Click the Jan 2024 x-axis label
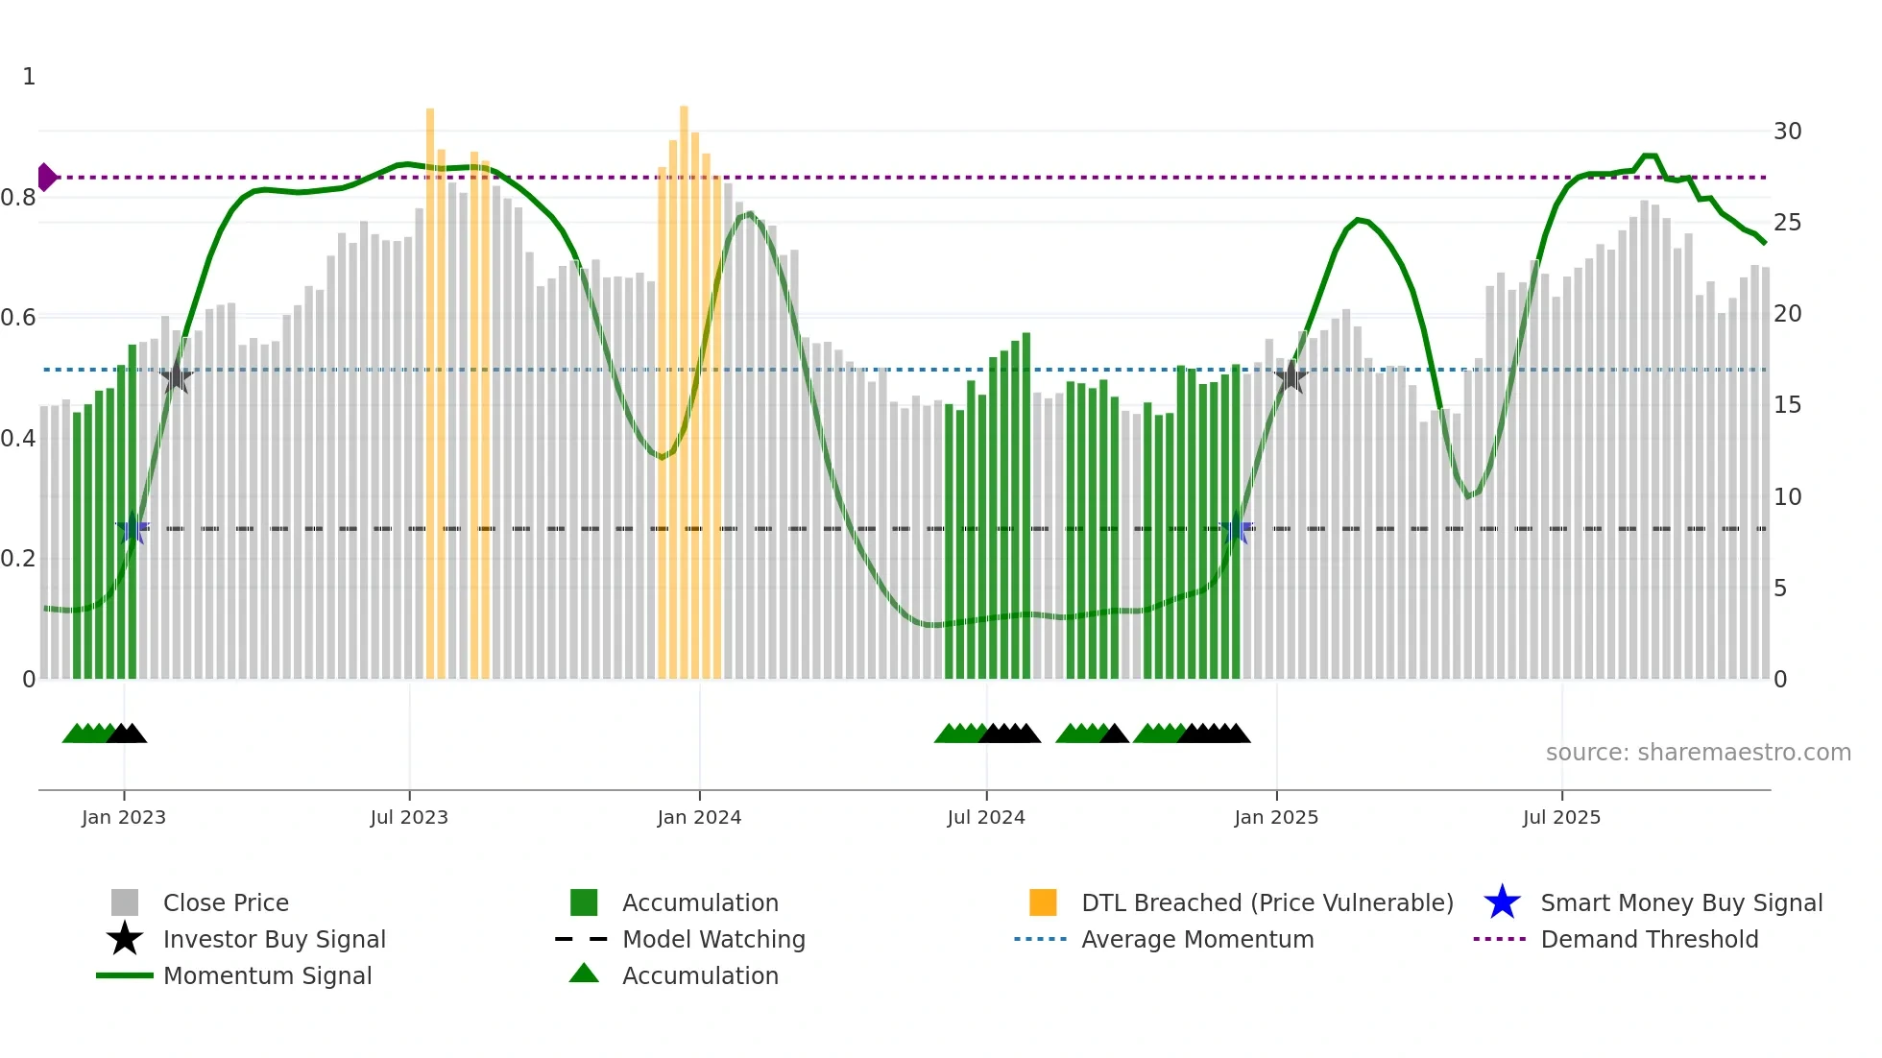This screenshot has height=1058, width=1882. click(x=699, y=817)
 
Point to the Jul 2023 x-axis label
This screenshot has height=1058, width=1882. click(x=409, y=817)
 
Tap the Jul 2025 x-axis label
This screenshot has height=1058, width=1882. click(x=1561, y=817)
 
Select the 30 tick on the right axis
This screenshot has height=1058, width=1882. click(x=1787, y=132)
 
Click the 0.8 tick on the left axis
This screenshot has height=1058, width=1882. click(x=18, y=198)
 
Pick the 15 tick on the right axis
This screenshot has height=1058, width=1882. click(x=1787, y=405)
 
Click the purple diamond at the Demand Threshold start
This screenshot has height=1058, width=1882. click(x=46, y=178)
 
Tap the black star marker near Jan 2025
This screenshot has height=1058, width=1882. click(x=1291, y=377)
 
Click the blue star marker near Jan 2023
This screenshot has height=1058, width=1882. click(x=133, y=528)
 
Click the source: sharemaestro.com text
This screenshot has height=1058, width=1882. click(x=1698, y=753)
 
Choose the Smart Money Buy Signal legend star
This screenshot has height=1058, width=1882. click(x=1502, y=902)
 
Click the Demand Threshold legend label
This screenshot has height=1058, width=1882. click(x=1649, y=939)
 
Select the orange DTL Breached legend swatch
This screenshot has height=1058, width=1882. click(x=1043, y=902)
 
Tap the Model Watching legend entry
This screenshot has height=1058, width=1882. click(x=713, y=939)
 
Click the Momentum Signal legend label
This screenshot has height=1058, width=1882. click(x=267, y=975)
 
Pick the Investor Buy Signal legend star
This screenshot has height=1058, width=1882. click(x=125, y=939)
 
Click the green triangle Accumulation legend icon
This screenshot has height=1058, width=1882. click(x=584, y=974)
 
